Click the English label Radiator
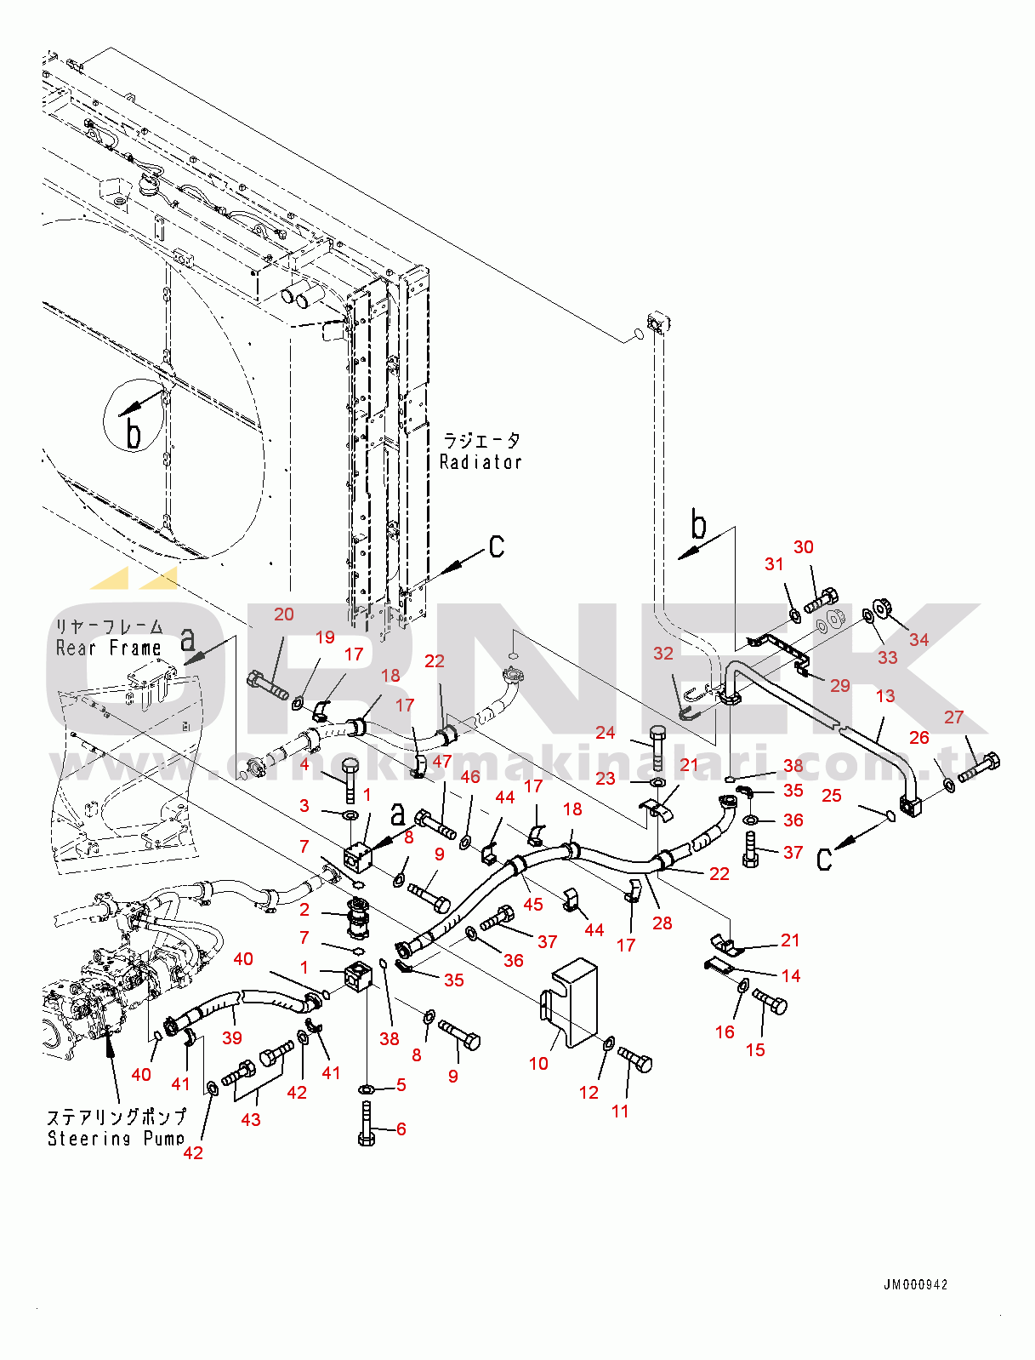(x=481, y=462)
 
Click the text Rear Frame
(x=108, y=649)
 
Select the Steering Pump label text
(x=116, y=1139)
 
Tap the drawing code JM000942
(x=915, y=1284)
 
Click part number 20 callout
(x=284, y=614)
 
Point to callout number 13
(x=885, y=696)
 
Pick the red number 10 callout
(x=538, y=1063)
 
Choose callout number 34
(x=918, y=639)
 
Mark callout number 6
(x=401, y=1129)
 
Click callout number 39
(x=232, y=1037)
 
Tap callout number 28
(x=662, y=923)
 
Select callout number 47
(x=442, y=761)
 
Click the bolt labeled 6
(x=367, y=1123)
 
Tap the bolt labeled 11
(x=636, y=1060)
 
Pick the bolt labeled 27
(x=979, y=768)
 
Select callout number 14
(x=791, y=976)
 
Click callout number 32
(x=663, y=654)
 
